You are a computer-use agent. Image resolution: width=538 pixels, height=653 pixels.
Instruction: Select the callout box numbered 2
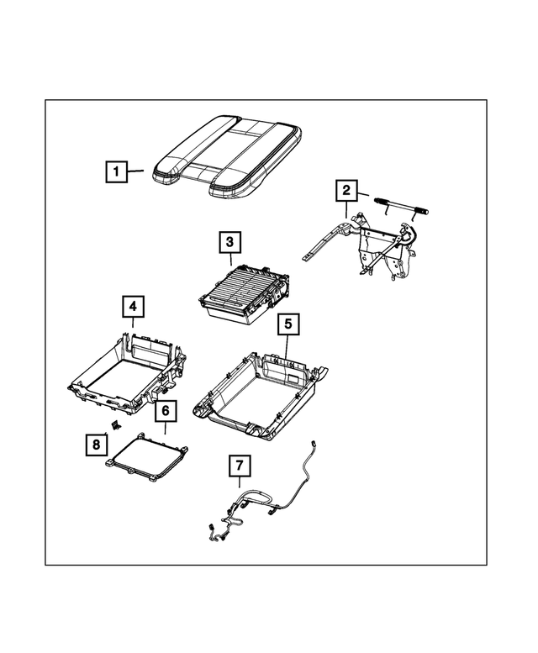(x=345, y=191)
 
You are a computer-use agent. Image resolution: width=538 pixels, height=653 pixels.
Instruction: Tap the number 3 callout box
(x=227, y=243)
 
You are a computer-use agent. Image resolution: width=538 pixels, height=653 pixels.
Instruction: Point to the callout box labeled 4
(x=132, y=308)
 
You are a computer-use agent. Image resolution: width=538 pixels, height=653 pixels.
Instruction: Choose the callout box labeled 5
(x=287, y=323)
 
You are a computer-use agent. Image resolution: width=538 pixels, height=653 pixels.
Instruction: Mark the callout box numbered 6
(x=165, y=411)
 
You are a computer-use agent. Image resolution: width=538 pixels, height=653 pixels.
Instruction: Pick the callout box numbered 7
(x=239, y=465)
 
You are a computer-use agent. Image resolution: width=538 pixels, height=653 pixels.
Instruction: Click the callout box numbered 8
(x=97, y=444)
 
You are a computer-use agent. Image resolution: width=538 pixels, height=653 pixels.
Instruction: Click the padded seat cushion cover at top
(x=227, y=155)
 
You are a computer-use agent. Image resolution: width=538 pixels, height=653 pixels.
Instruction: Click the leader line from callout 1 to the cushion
(x=137, y=171)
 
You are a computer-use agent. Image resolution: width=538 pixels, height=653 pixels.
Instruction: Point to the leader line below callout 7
(x=239, y=483)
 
